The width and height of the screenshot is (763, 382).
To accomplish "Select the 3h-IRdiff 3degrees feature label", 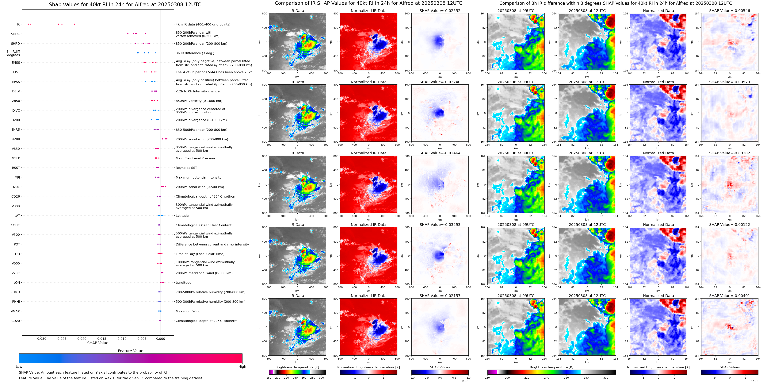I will [13, 53].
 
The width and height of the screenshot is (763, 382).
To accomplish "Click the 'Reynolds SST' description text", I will [186, 168].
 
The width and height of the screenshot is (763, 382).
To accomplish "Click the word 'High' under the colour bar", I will [242, 367].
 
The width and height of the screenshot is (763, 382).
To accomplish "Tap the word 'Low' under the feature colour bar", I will [19, 367].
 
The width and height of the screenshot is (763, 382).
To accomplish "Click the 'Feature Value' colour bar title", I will [130, 351].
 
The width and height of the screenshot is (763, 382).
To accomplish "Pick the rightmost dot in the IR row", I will [74, 24].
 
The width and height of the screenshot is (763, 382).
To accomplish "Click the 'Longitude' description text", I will [183, 283].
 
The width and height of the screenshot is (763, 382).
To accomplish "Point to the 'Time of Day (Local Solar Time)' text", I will [200, 254].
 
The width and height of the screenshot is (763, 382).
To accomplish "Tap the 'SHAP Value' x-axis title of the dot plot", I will [97, 343].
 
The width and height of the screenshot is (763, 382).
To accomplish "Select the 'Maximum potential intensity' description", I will [198, 178].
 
